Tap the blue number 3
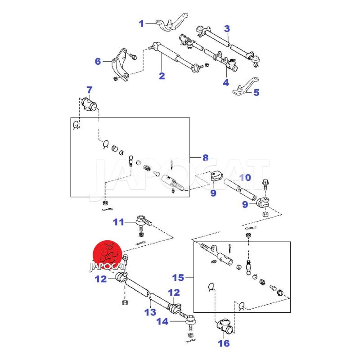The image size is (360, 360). pyautogui.click(x=227, y=29)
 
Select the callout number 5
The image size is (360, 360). pyautogui.click(x=256, y=93)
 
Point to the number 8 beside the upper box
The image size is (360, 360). pyautogui.click(x=205, y=157)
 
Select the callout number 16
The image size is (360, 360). pyautogui.click(x=224, y=344)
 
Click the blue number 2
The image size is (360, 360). pyautogui.click(x=162, y=76)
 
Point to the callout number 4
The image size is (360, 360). pyautogui.click(x=225, y=83)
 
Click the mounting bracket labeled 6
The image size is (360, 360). pyautogui.click(x=118, y=66)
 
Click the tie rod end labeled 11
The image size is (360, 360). pyautogui.click(x=143, y=221)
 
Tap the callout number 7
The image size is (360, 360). pyautogui.click(x=89, y=90)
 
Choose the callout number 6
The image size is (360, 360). pyautogui.click(x=98, y=61)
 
